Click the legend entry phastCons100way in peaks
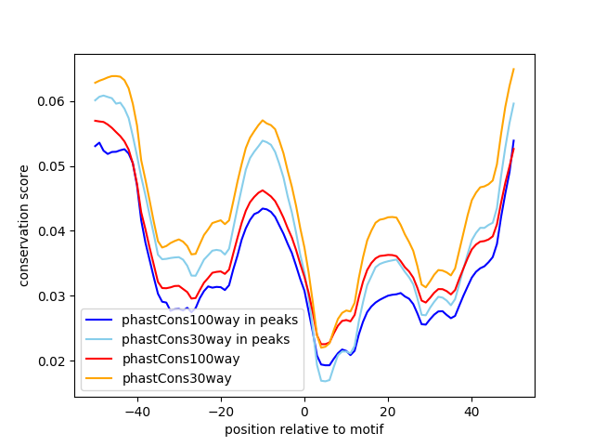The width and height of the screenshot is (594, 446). [209, 320]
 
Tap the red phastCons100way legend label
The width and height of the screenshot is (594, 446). [180, 359]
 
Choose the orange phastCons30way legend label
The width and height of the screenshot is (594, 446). [176, 378]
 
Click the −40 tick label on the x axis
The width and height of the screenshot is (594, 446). [136, 411]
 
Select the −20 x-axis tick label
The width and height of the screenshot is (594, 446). [220, 411]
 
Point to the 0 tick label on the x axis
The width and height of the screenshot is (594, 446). [304, 411]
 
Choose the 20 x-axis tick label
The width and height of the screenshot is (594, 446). [388, 411]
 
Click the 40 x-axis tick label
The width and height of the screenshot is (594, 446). [471, 411]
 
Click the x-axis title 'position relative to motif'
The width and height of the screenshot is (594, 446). [303, 429]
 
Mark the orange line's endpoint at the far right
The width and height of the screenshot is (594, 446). [513, 69]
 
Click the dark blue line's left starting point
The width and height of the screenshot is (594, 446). [95, 146]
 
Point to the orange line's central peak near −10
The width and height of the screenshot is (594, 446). [263, 120]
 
